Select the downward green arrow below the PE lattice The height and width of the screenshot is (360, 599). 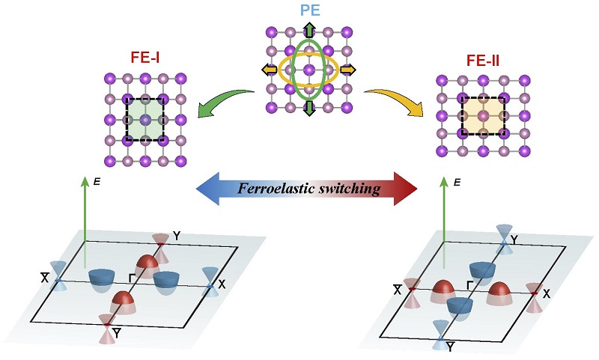[x=308, y=109]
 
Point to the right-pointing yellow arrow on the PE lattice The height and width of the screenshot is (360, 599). [x=348, y=70]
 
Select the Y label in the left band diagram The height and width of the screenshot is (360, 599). [x=177, y=236]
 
